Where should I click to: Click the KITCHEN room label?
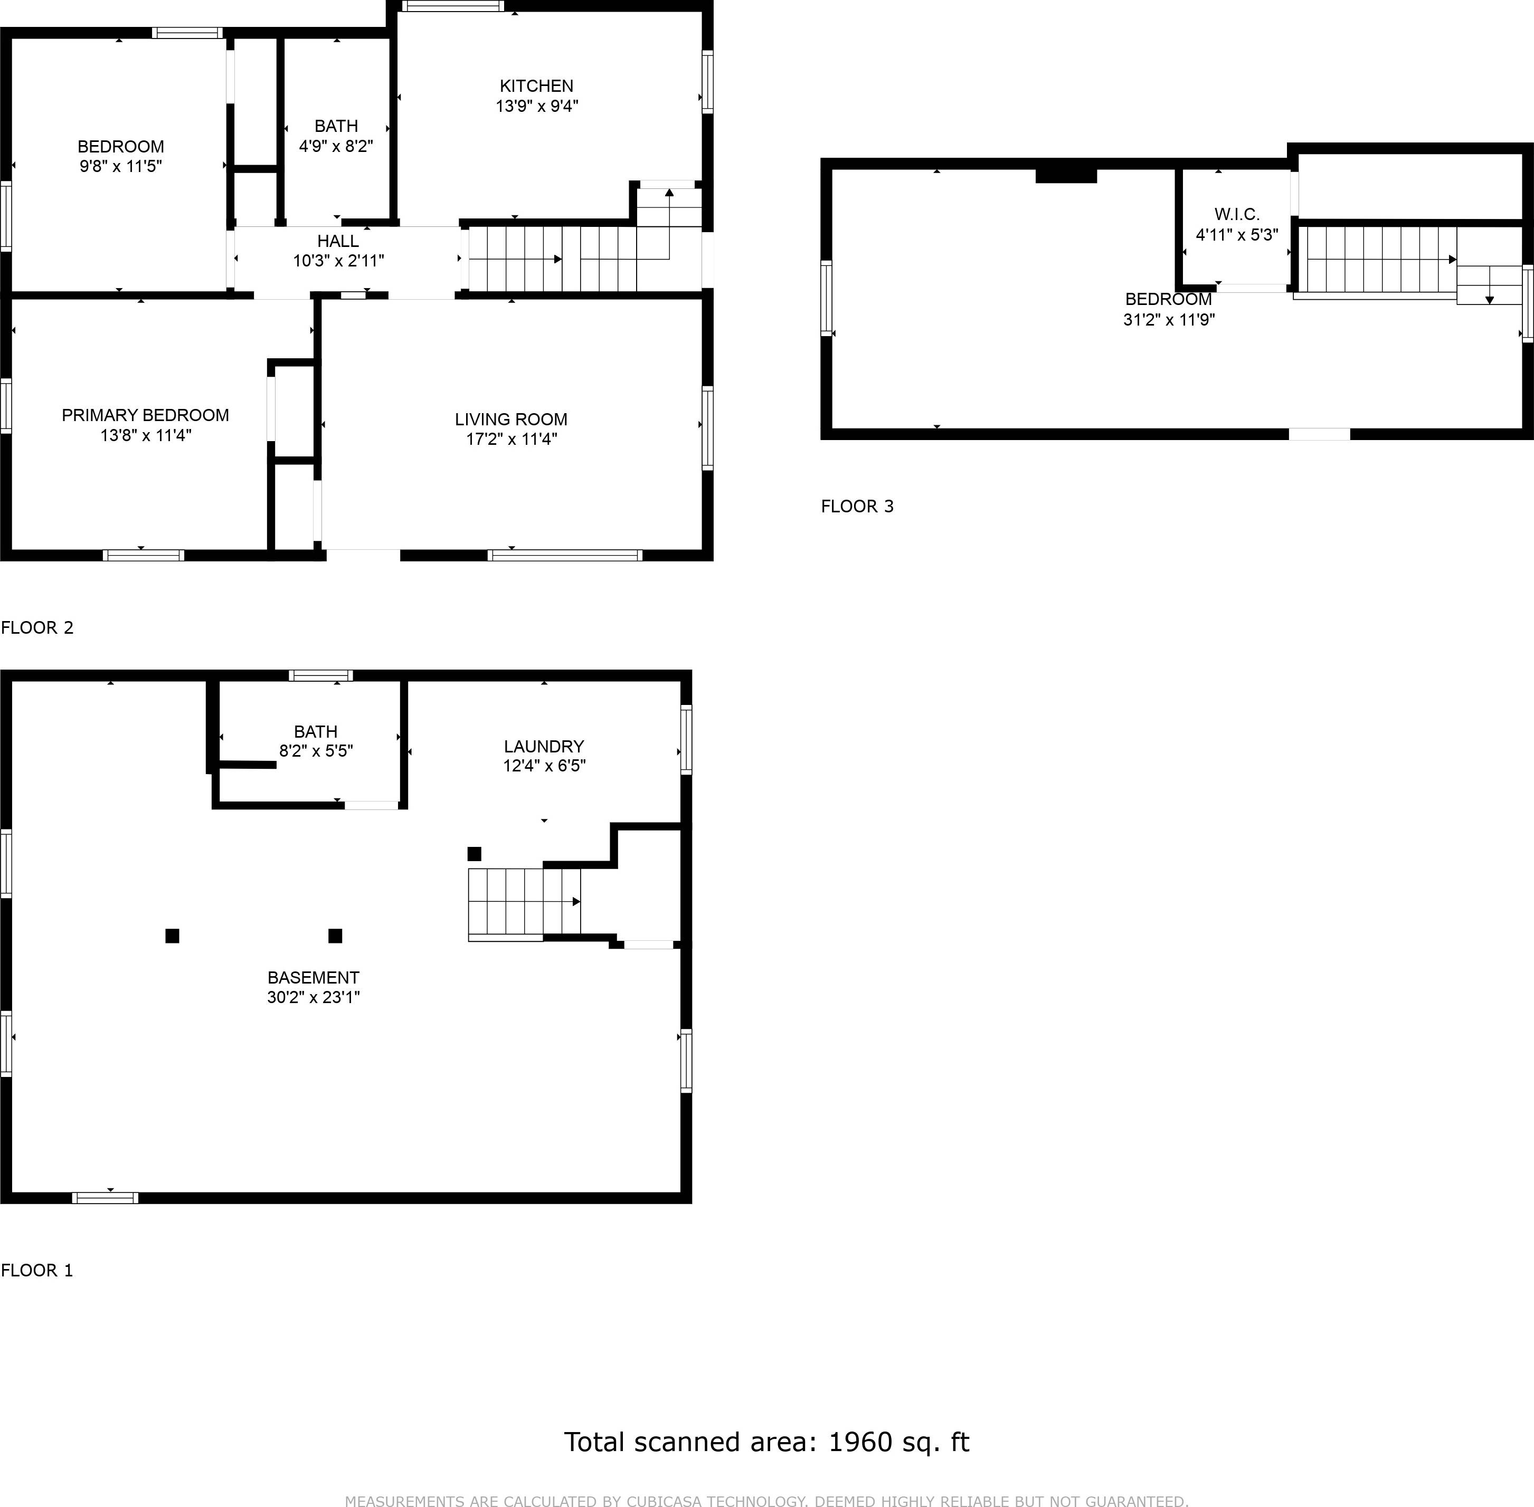(x=536, y=85)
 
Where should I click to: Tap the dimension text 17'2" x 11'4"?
(x=512, y=439)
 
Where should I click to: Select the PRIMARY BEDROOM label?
(x=145, y=416)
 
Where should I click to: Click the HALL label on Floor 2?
(x=338, y=241)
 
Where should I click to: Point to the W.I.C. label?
(x=1236, y=214)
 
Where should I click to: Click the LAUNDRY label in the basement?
(x=543, y=746)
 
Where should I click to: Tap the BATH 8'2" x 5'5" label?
(x=315, y=741)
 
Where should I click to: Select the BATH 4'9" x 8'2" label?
(x=336, y=135)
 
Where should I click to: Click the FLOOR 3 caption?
(x=857, y=507)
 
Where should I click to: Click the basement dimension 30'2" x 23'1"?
(x=313, y=997)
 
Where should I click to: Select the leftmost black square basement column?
(x=172, y=936)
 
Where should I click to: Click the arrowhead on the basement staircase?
(x=576, y=901)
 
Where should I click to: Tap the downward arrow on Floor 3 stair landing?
(x=1489, y=300)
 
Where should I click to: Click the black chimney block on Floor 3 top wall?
(x=1066, y=175)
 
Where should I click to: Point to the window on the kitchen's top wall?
(x=452, y=6)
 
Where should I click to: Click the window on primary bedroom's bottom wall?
(x=144, y=556)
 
